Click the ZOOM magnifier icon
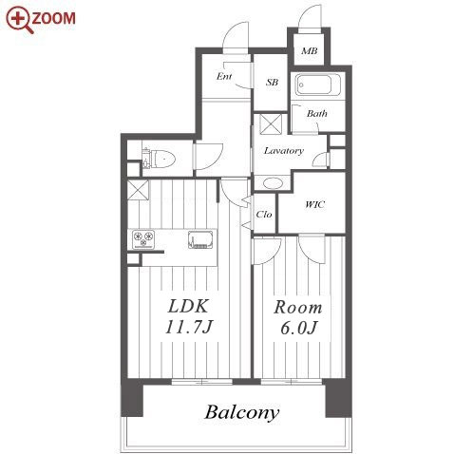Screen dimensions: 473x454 20,20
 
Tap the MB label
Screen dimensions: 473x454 309,50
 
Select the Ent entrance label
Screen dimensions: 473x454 224,76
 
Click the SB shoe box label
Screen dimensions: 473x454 272,83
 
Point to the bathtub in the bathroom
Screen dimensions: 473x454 318,85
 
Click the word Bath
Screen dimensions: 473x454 316,113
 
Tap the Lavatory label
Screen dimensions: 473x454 284,150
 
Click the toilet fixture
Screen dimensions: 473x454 159,159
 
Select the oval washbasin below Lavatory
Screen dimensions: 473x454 273,183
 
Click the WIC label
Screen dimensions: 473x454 314,204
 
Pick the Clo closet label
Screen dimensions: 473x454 264,215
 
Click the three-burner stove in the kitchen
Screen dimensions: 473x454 143,238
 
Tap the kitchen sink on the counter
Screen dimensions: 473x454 200,239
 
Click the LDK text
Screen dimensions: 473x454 188,306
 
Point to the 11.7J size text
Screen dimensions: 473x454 189,327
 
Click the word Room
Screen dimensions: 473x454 298,308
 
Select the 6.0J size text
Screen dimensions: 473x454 298,328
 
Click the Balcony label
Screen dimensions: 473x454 242,413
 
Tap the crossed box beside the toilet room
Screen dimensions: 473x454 138,190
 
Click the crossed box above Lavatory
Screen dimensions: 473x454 271,124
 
